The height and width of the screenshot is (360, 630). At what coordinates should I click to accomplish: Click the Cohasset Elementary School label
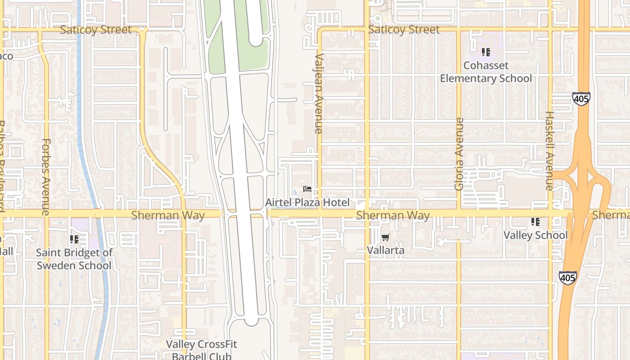tap(486, 72)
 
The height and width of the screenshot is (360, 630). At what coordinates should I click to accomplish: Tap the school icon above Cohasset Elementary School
tap(486, 52)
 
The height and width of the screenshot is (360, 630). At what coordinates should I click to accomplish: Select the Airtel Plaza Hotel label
tap(307, 202)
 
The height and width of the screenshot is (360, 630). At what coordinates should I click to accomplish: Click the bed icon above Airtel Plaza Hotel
tap(308, 189)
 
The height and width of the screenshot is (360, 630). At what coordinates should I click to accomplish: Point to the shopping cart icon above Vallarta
tap(385, 237)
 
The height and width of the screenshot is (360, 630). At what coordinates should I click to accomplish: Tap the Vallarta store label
tap(386, 250)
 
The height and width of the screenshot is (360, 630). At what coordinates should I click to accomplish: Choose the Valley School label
tap(535, 235)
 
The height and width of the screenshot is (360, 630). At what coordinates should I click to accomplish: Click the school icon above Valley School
tap(535, 221)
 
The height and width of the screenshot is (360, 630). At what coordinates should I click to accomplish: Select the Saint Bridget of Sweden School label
tap(74, 259)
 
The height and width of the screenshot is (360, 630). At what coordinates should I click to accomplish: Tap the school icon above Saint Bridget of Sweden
tap(74, 239)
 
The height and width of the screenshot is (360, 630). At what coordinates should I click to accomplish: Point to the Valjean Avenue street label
tap(319, 94)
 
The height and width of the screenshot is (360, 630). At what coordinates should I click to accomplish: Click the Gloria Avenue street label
tap(459, 154)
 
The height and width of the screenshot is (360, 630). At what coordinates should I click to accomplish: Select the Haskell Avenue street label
tap(549, 151)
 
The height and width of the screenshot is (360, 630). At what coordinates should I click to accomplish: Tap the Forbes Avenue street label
tap(46, 176)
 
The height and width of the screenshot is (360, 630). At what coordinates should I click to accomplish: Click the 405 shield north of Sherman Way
tap(581, 99)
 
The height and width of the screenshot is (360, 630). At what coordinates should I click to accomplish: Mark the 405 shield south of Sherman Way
tap(567, 277)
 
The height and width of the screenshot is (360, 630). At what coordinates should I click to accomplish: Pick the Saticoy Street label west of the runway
tap(96, 30)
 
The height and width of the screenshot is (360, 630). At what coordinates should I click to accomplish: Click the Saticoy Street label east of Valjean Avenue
tap(404, 30)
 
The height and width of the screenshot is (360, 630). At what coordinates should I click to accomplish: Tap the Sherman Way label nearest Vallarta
tap(392, 216)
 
